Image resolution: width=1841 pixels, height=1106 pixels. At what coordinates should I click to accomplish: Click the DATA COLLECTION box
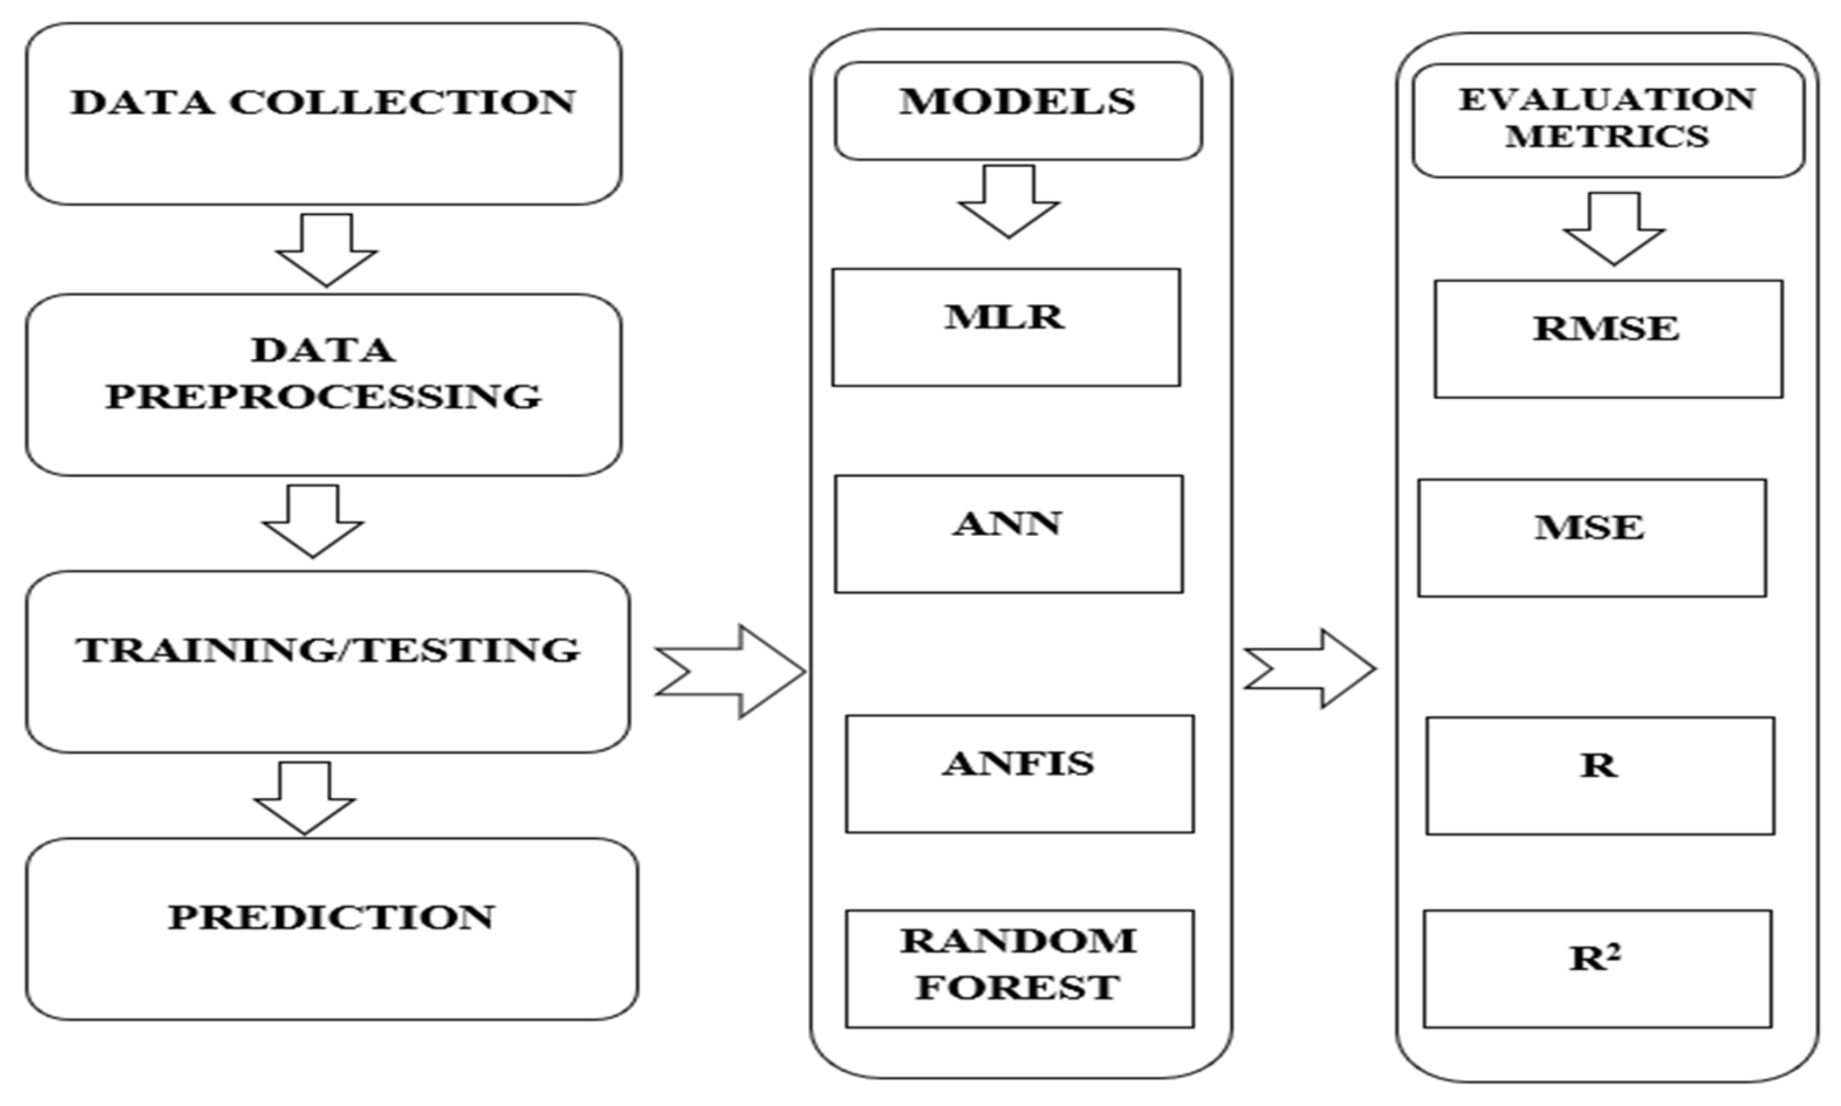click(x=323, y=113)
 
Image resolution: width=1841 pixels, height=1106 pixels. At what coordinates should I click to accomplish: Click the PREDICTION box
click(x=332, y=929)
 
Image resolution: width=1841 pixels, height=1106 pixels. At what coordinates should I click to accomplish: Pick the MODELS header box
click(x=1018, y=110)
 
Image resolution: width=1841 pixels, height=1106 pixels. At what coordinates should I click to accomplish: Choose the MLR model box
click(x=1006, y=327)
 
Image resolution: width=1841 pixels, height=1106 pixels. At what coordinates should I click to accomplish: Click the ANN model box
click(x=1008, y=534)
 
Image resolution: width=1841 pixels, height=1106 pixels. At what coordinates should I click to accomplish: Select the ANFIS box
click(x=1020, y=773)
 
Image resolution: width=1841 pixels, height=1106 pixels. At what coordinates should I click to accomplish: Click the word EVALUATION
click(x=1607, y=100)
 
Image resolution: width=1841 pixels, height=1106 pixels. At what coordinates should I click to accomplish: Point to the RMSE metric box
click(x=1609, y=339)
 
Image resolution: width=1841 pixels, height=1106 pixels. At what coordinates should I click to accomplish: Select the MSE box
click(x=1592, y=537)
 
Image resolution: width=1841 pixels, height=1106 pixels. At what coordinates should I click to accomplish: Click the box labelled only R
click(x=1600, y=775)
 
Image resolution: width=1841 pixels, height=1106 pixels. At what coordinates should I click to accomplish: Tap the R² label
click(x=1596, y=958)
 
